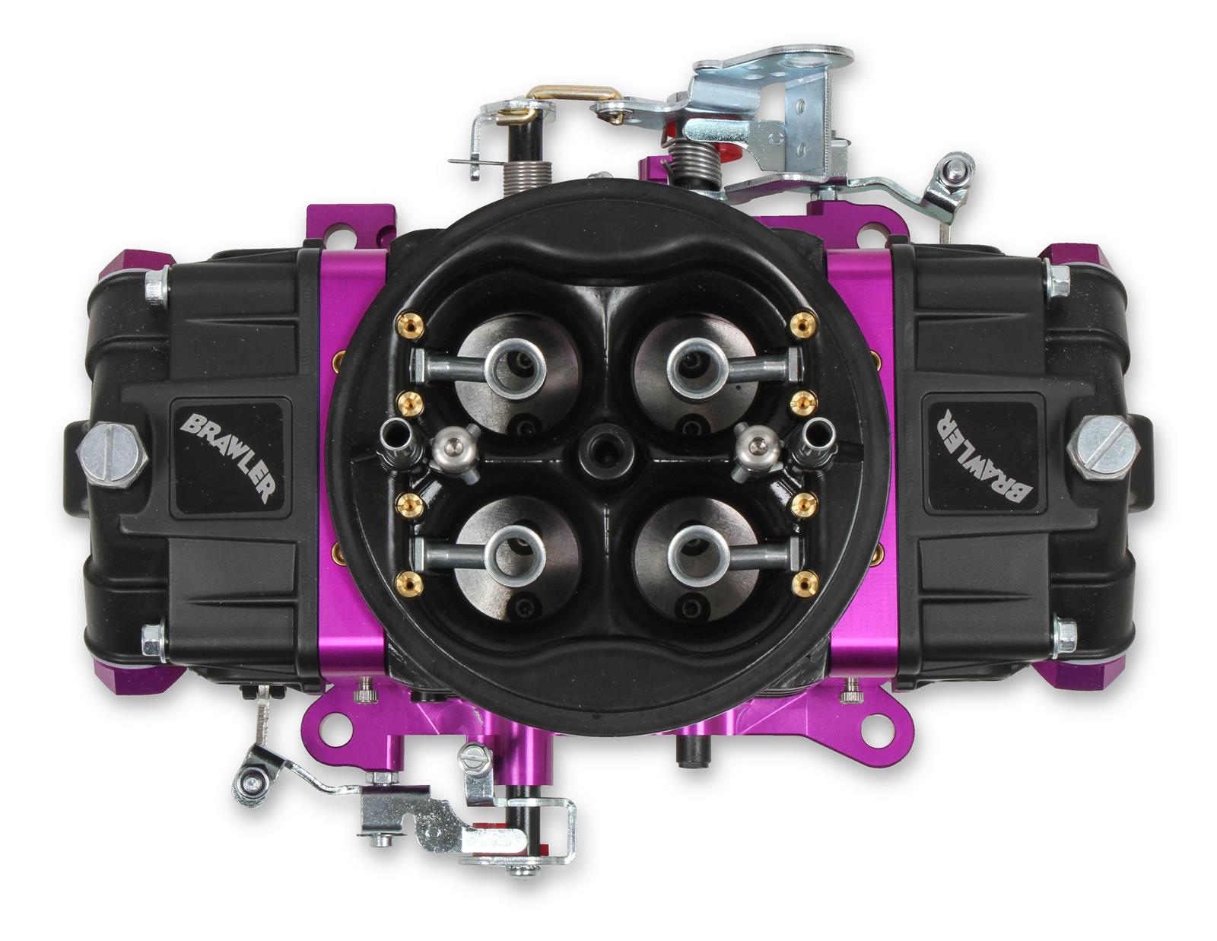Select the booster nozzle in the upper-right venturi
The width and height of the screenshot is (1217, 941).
[x=696, y=366]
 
